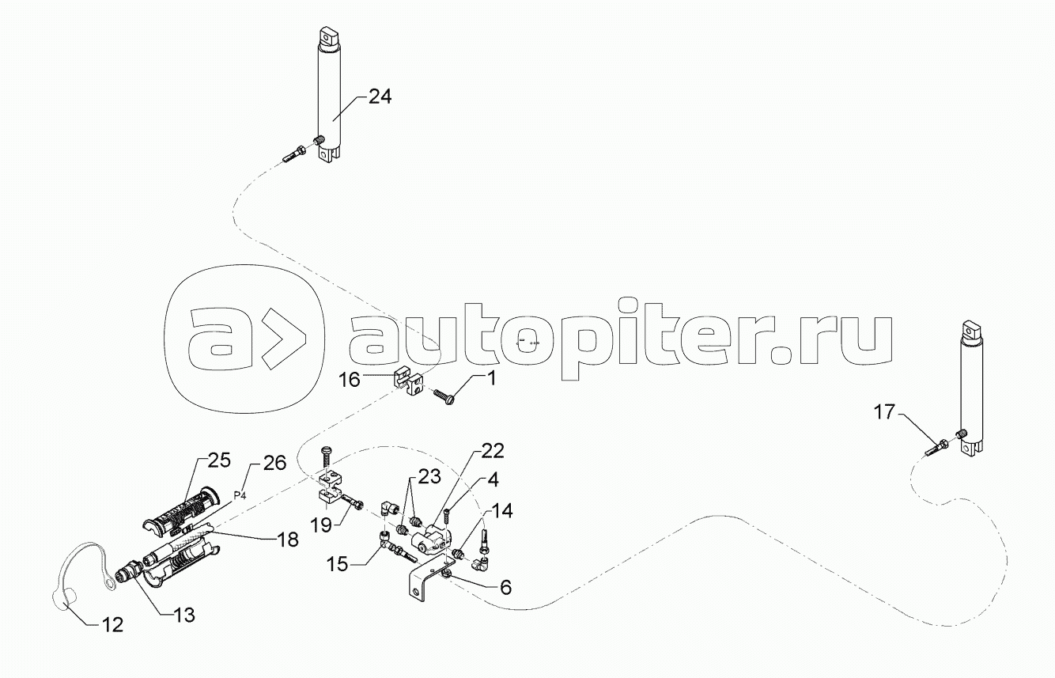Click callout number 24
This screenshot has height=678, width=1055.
tap(379, 97)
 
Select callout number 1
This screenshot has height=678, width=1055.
tap(491, 379)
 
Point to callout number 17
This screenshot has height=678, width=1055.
tap(885, 412)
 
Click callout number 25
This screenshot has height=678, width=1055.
tap(218, 460)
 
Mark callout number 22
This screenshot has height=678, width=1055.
tap(491, 452)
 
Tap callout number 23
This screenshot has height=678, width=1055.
tap(429, 478)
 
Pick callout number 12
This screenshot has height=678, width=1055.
tap(112, 625)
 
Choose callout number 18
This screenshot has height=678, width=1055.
tap(287, 540)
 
